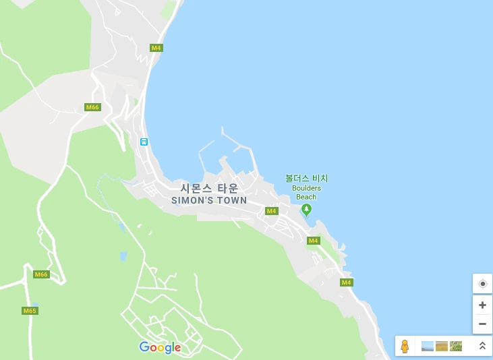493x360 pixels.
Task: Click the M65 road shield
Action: [29, 311]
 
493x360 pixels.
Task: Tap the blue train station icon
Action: [144, 142]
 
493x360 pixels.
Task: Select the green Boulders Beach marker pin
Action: [306, 210]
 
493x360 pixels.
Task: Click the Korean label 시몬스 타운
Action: [209, 188]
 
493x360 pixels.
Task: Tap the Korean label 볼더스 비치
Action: [306, 179]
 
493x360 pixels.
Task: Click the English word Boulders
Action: [306, 188]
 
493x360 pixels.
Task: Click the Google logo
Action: [160, 347]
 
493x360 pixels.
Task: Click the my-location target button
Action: [482, 284]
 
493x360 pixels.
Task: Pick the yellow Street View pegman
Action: [405, 346]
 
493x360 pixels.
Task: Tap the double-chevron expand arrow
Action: [482, 346]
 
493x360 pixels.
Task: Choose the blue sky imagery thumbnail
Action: [428, 346]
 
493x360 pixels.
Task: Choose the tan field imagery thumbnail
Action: [442, 346]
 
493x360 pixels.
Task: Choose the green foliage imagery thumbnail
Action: [456, 346]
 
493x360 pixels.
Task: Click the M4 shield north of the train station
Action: [156, 48]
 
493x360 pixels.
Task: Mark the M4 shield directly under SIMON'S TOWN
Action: [271, 211]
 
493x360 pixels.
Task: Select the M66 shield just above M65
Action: [41, 274]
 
